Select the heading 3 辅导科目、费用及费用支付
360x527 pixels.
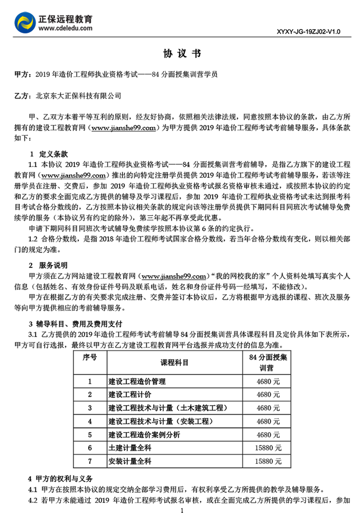point(75,324)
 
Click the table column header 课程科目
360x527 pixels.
point(175,363)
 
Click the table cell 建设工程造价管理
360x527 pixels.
point(137,381)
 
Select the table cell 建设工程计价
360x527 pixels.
point(130,394)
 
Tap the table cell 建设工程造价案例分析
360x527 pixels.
point(144,434)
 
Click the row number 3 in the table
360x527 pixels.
point(90,408)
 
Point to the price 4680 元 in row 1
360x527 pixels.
point(268,381)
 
